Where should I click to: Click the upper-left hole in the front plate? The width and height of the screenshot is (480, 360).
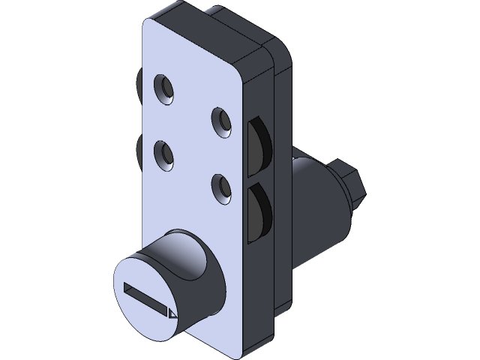point(164,90)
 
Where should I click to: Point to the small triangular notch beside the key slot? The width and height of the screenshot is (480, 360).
point(172,313)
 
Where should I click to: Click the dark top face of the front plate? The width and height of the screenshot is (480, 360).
point(202,34)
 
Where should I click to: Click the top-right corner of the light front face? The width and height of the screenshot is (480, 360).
point(238,74)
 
